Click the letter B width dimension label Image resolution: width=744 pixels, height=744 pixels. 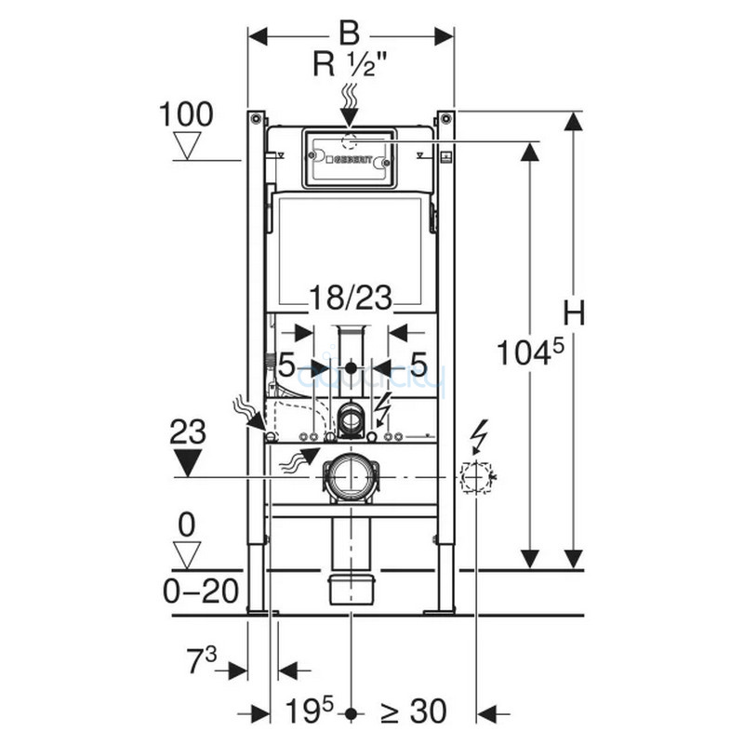tap(348, 35)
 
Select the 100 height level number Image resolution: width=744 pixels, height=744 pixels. tap(185, 114)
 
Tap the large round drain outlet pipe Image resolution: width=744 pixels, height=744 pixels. tap(350, 476)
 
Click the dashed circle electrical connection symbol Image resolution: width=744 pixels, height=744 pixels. tap(474, 478)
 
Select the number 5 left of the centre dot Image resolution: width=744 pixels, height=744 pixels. tap(286, 366)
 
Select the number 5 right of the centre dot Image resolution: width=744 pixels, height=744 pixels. tap(418, 366)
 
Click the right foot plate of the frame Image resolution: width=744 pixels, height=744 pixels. tap(440, 611)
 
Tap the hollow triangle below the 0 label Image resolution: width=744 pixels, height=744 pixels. tap(187, 555)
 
